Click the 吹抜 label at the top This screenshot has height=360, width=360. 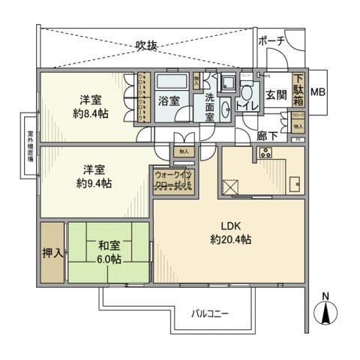[146, 46]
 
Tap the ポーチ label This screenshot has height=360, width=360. [271, 41]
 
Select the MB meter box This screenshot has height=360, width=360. [318, 91]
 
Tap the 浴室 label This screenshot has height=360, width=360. [168, 101]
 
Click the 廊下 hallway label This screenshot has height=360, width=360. [266, 136]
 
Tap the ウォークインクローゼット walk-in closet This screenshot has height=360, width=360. [174, 180]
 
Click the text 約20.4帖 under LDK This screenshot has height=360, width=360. [229, 240]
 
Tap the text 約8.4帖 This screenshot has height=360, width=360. [88, 113]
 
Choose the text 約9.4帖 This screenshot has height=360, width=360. [88, 182]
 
